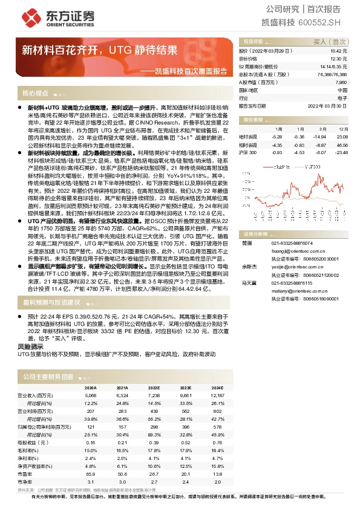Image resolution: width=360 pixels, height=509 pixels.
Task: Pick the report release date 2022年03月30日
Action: [x=330, y=106]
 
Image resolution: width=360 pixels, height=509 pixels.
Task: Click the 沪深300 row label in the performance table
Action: [x=248, y=152]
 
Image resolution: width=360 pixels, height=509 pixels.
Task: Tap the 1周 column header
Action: [x=278, y=129]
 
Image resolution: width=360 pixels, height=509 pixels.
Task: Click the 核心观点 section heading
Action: [x=35, y=94]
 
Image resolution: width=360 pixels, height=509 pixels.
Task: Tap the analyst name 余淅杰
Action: [x=249, y=265]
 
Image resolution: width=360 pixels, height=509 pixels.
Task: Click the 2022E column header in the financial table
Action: [x=154, y=388]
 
